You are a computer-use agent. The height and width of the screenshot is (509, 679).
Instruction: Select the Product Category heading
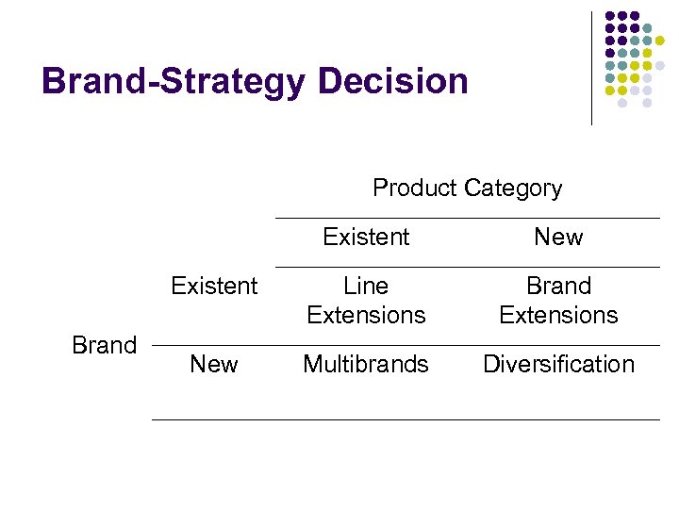[467, 189]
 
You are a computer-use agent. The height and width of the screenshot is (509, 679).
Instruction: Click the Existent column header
[366, 238]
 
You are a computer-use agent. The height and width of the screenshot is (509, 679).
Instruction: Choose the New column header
[558, 238]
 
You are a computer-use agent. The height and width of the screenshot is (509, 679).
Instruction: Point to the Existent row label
[214, 286]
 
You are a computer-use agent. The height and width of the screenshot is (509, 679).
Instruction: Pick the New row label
[214, 364]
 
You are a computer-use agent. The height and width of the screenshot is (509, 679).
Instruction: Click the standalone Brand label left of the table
[105, 345]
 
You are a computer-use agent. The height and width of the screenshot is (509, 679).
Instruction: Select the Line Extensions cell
[366, 300]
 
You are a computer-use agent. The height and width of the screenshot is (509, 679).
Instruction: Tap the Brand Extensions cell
[558, 300]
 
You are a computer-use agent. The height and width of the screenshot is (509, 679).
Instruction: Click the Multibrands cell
[366, 364]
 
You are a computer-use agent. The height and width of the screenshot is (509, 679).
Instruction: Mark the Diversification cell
[558, 364]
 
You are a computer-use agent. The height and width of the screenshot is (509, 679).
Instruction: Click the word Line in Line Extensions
[366, 286]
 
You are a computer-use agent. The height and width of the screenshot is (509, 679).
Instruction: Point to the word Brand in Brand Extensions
[558, 286]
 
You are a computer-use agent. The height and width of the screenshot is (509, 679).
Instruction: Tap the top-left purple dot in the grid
[610, 16]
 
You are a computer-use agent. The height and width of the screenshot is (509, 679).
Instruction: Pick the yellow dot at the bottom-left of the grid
[610, 90]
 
